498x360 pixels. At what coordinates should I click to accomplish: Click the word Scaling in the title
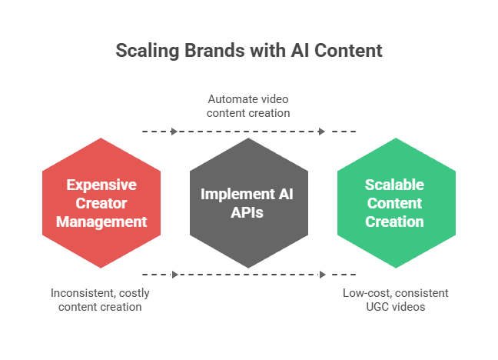pos(148,51)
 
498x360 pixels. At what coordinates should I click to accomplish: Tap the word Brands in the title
pos(214,50)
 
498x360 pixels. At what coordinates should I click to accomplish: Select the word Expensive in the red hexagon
pos(101,185)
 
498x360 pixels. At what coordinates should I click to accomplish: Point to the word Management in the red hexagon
pos(101,222)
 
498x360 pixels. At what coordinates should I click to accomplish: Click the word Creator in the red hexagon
pos(101,203)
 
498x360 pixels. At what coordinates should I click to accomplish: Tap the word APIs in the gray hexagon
pos(247,213)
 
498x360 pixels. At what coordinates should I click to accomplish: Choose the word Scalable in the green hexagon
pos(394,185)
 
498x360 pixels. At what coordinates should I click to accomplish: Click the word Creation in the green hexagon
pos(394,222)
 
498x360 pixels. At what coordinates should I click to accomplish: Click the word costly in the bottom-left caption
pos(134,294)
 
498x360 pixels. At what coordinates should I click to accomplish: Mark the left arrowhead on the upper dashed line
pos(174,132)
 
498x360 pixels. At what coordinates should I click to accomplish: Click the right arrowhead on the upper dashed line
pos(322,132)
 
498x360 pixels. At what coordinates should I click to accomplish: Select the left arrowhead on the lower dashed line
pos(174,275)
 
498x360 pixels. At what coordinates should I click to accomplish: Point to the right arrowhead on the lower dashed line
pos(322,275)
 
